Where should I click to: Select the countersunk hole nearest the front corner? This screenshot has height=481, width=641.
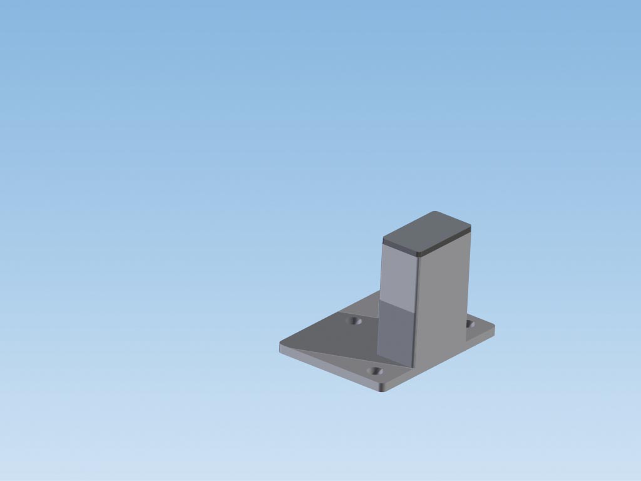tap(375, 371)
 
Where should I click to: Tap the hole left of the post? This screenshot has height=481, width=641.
tap(355, 321)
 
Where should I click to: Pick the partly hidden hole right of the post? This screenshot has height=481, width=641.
tap(470, 324)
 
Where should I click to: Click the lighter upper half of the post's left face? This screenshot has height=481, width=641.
tap(399, 276)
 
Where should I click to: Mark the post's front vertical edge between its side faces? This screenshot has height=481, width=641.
tap(416, 307)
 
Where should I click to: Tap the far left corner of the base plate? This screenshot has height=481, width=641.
tap(280, 344)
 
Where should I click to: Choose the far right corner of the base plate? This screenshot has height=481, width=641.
tap(494, 326)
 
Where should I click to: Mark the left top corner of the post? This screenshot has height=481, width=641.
tap(383, 239)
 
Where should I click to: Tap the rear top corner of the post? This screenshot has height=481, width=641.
tap(436, 212)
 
